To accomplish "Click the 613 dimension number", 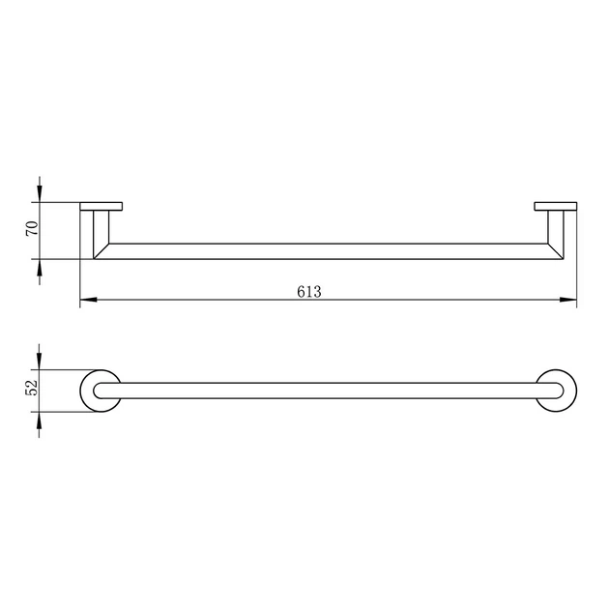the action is tap(309, 292).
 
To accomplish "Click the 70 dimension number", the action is tap(32, 228).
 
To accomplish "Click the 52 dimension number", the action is tap(32, 387).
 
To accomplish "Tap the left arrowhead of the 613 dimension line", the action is tap(88, 300).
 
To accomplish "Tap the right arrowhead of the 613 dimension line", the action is tap(568, 300).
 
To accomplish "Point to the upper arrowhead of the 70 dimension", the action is tap(40, 193).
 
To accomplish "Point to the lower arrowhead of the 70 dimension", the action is tap(40, 267).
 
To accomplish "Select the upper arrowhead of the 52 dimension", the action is tap(39, 361).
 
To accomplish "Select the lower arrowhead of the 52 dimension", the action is tap(39, 420).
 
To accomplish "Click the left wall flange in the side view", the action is tap(101, 206).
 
